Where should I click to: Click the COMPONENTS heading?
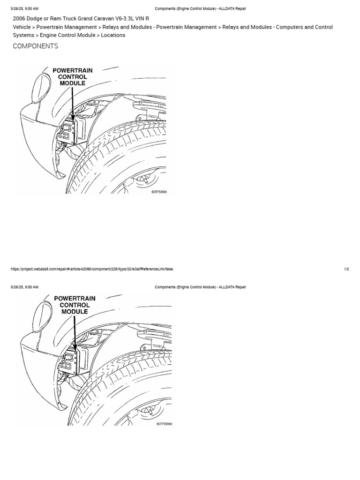36,46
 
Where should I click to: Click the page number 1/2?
346,269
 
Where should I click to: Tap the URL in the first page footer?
91,269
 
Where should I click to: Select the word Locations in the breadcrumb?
113,35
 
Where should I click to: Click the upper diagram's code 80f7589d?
159,192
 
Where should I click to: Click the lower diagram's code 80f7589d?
164,424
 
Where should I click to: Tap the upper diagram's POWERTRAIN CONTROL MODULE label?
72,76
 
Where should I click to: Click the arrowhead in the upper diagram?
73,117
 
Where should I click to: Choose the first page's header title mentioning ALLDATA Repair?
200,8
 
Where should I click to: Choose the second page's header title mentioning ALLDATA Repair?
200,287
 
